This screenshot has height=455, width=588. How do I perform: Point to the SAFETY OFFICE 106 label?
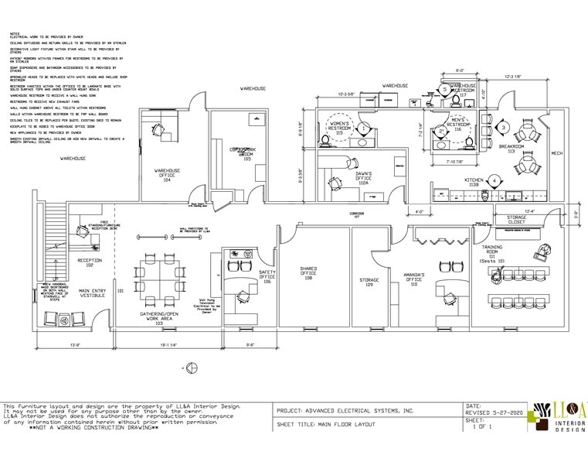click(267, 276)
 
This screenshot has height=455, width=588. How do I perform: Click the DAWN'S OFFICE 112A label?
click(364, 177)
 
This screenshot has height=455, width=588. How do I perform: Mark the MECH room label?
click(556, 152)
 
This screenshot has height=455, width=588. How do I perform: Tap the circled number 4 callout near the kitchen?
click(493, 181)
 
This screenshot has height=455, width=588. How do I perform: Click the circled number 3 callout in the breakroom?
click(502, 127)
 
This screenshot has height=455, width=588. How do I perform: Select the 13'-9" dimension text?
click(74, 344)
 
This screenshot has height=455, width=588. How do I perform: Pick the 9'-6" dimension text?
click(250, 344)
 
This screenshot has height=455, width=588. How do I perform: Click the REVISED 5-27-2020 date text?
click(492, 412)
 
